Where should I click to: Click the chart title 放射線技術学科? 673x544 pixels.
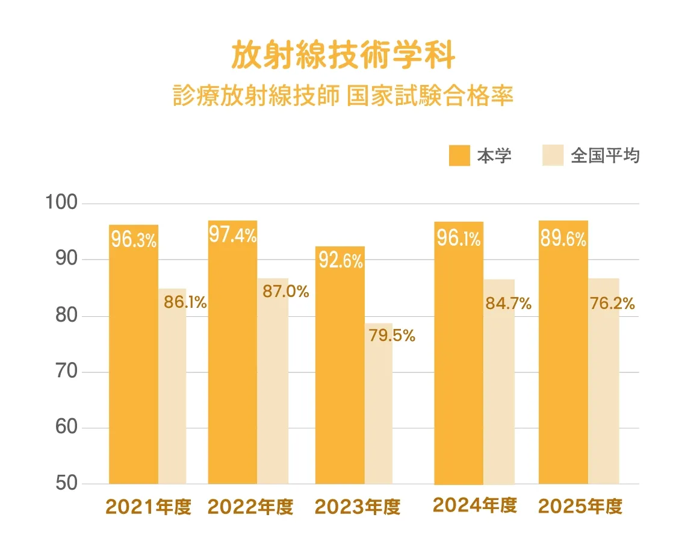tap(343, 55)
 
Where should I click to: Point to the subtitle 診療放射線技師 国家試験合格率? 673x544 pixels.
tap(343, 96)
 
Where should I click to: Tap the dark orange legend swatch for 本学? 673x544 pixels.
tap(459, 155)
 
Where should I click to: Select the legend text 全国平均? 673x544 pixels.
tap(605, 155)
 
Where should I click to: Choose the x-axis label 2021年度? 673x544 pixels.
tap(148, 507)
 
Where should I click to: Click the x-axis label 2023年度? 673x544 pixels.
tap(358, 507)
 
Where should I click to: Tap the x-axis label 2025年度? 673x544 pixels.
tap(580, 506)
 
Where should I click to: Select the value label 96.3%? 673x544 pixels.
tap(134, 240)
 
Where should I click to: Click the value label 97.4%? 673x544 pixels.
tap(232, 235)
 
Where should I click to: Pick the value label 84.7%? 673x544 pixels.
tap(508, 304)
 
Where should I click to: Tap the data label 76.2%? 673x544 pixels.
tap(612, 304)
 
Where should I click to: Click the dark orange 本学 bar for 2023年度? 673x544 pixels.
tap(340, 374)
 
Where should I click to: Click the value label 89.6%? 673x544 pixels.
tap(563, 239)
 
